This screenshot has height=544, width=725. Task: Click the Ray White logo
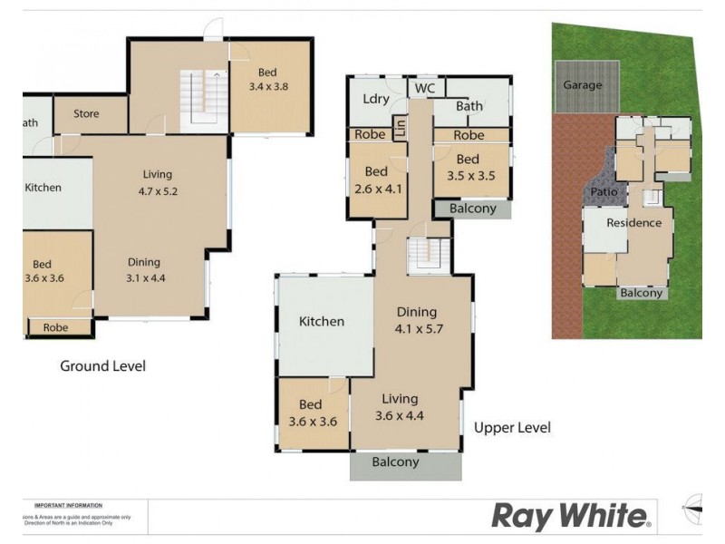[571, 517]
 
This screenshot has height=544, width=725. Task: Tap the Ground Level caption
[102, 366]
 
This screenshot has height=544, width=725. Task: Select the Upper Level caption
[512, 428]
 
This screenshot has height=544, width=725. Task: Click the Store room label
[86, 114]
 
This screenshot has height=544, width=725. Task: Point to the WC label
[423, 88]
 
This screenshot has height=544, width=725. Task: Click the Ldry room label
[375, 100]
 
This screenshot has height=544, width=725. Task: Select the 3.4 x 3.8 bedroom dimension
[266, 87]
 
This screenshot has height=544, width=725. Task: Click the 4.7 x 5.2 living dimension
[157, 191]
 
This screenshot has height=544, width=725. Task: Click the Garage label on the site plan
[583, 85]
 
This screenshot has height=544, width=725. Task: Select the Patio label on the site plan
[604, 192]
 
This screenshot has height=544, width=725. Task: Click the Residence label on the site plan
[634, 223]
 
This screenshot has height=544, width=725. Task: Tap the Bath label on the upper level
[469, 106]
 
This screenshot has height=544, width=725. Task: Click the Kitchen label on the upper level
[322, 321]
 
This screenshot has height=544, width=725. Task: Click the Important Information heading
[68, 505]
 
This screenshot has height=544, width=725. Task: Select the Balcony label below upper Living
[396, 462]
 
